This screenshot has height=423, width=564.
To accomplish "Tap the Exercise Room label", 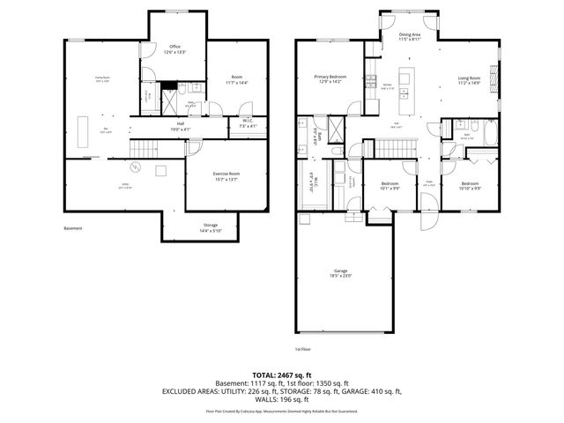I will [226, 176].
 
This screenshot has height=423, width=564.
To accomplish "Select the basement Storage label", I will [210, 227].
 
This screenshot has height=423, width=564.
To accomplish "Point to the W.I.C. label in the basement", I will [248, 123].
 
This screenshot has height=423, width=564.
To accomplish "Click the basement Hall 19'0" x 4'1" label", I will [180, 127].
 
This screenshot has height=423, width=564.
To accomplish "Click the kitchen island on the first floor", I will [406, 79].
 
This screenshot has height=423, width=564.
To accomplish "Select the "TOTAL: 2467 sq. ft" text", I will [281, 375].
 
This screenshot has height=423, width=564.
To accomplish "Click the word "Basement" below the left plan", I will [73, 228].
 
